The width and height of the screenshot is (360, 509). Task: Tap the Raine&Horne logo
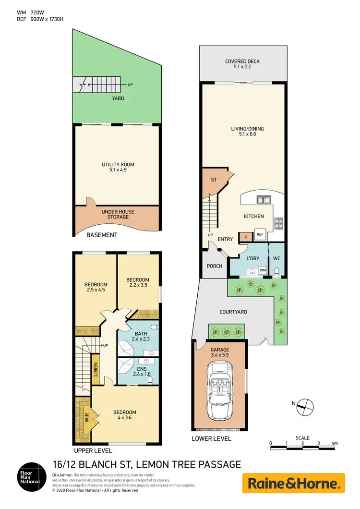click(x=293, y=483)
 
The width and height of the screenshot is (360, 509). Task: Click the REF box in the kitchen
click(x=260, y=235)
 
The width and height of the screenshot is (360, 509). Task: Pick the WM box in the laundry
click(x=263, y=271)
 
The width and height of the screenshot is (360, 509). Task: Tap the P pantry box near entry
click(x=246, y=236)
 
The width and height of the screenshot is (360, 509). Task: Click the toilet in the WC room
click(x=276, y=271)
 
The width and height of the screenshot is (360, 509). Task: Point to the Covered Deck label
click(x=242, y=64)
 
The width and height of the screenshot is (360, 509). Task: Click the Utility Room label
click(x=118, y=167)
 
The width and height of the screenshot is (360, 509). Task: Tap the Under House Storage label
click(x=118, y=214)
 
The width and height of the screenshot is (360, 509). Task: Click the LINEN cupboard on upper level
click(x=95, y=370)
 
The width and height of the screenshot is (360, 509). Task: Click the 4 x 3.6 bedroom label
click(x=124, y=415)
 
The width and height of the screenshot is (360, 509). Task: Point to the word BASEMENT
click(x=102, y=235)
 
